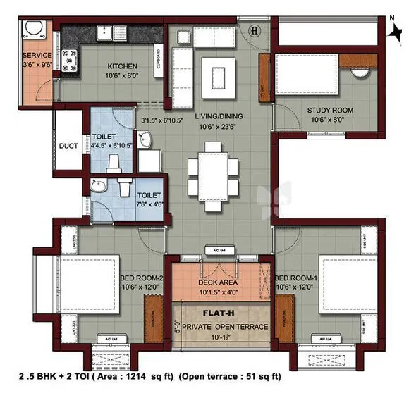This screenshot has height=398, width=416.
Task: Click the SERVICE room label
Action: coord(35,55)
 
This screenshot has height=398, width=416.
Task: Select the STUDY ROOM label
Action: coord(329,111)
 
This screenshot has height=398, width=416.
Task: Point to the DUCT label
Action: coord(68,147)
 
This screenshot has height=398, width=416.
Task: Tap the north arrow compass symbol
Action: coord(396,32)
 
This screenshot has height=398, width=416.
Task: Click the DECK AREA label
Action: coord(220,282)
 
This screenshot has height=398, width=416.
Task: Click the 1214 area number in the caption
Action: coord(145,376)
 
